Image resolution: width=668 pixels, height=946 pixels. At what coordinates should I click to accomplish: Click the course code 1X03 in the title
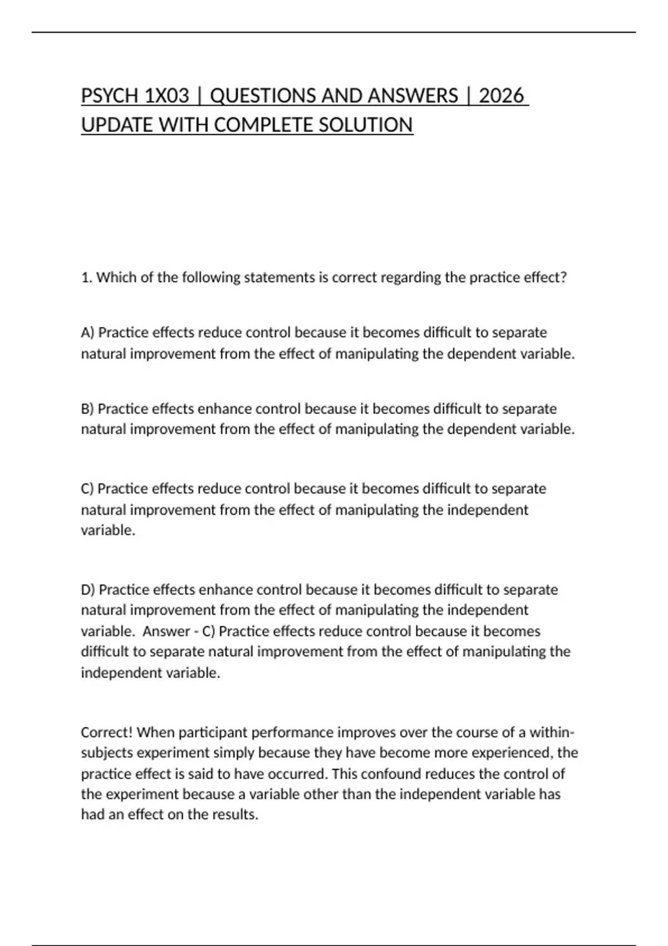(x=166, y=96)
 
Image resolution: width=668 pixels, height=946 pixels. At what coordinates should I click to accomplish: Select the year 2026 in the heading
(x=501, y=96)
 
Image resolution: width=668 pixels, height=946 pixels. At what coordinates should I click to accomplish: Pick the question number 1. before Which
(x=86, y=277)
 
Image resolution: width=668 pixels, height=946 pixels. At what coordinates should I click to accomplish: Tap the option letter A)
(x=88, y=332)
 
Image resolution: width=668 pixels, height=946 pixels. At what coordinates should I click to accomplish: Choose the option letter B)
(x=87, y=408)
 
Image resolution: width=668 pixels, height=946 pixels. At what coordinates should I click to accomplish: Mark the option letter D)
(x=88, y=589)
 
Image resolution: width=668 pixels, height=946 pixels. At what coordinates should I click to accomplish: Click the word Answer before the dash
(x=166, y=631)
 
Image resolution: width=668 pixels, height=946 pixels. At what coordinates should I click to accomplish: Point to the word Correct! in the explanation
(x=106, y=732)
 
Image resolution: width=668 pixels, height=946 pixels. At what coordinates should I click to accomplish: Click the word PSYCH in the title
(x=110, y=96)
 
